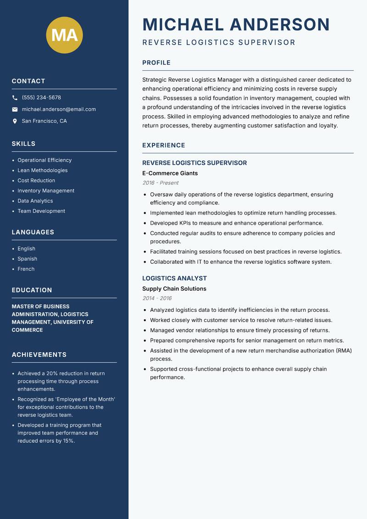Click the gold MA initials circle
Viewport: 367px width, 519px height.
click(65, 35)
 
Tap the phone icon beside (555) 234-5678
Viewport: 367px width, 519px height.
click(15, 98)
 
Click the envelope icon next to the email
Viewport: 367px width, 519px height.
click(15, 109)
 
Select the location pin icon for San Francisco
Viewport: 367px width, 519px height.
click(15, 121)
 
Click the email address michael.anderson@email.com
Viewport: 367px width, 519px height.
click(59, 109)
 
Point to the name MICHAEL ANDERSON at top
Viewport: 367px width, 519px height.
click(236, 24)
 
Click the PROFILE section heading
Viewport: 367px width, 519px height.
click(156, 63)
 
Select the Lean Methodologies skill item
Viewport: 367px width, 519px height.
click(43, 170)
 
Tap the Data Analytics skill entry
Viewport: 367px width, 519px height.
click(35, 201)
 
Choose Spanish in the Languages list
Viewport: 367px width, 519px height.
click(28, 259)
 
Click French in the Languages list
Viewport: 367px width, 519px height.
click(26, 269)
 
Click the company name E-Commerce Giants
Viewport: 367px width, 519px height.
click(170, 173)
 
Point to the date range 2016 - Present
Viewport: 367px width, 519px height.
click(160, 183)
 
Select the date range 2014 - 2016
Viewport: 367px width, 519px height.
click(157, 298)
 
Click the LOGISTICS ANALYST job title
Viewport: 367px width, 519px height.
click(174, 278)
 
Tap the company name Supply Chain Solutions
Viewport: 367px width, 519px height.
click(174, 288)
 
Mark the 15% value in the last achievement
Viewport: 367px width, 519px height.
click(67, 440)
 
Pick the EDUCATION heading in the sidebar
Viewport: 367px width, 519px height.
click(32, 290)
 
